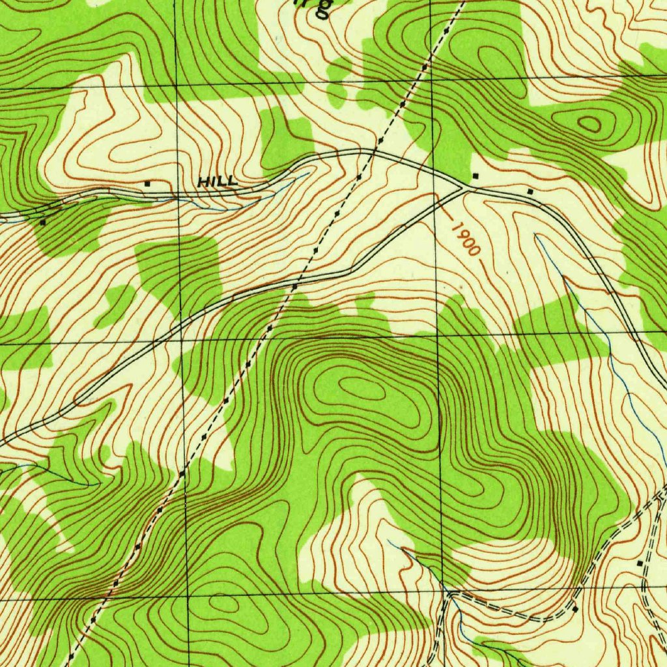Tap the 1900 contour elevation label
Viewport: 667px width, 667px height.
tap(465, 239)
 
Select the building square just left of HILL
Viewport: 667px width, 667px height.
tap(147, 184)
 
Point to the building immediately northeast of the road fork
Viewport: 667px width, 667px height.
tap(475, 176)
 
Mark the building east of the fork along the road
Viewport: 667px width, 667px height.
tap(530, 192)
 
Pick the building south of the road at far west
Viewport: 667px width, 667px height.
tap(43, 222)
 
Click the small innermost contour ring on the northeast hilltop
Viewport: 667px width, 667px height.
tap(590, 124)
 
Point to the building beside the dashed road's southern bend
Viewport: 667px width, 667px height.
tap(575, 609)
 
